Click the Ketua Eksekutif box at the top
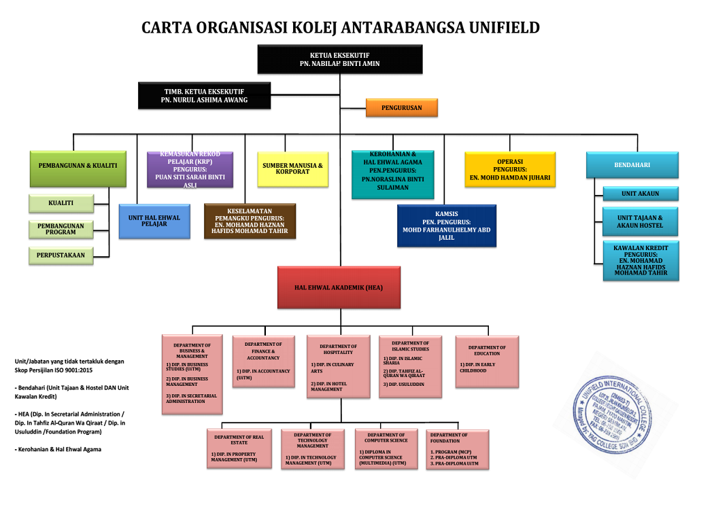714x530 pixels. pos(340,59)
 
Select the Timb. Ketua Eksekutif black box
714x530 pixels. pos(204,96)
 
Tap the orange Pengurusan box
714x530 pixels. pos(401,107)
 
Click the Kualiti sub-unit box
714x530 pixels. pos(61,203)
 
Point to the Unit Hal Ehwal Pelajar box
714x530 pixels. pos(154,221)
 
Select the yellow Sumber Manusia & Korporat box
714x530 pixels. pos(292,169)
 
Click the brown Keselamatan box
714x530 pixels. pos(250,222)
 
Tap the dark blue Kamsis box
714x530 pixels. pos(447,226)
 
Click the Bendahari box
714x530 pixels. pos(632,165)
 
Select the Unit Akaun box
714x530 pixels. pos(640,194)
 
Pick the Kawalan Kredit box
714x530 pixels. pos(640,261)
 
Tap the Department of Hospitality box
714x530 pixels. pos(338,368)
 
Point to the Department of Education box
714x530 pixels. pos(487,361)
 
